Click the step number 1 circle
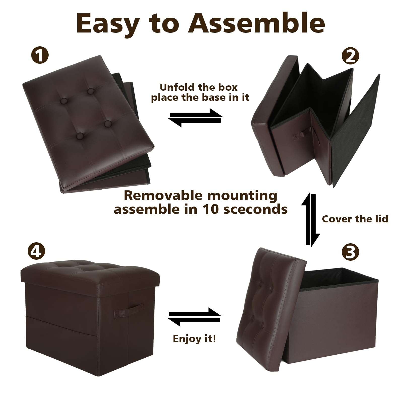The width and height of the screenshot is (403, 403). (39, 56)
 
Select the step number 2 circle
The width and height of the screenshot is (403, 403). (350, 56)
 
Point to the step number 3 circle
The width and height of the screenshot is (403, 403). (350, 252)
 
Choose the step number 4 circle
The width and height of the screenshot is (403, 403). (37, 251)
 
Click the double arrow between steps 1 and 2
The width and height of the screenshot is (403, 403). (195, 118)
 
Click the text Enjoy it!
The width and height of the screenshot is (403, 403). (194, 339)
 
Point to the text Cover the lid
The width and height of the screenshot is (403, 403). (355, 219)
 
